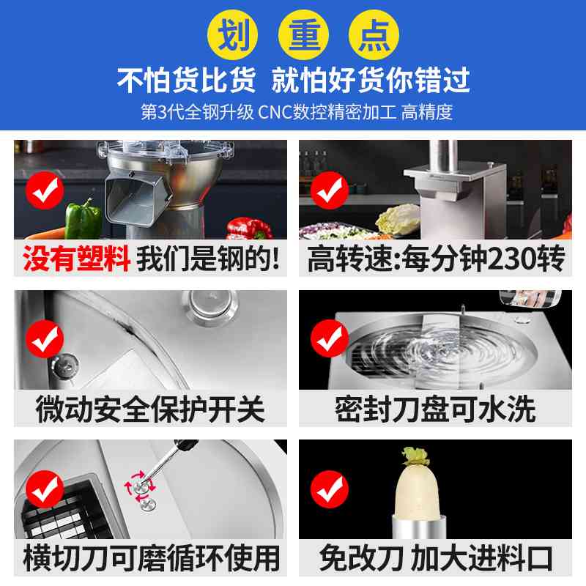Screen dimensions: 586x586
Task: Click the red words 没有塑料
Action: pos(77,260)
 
